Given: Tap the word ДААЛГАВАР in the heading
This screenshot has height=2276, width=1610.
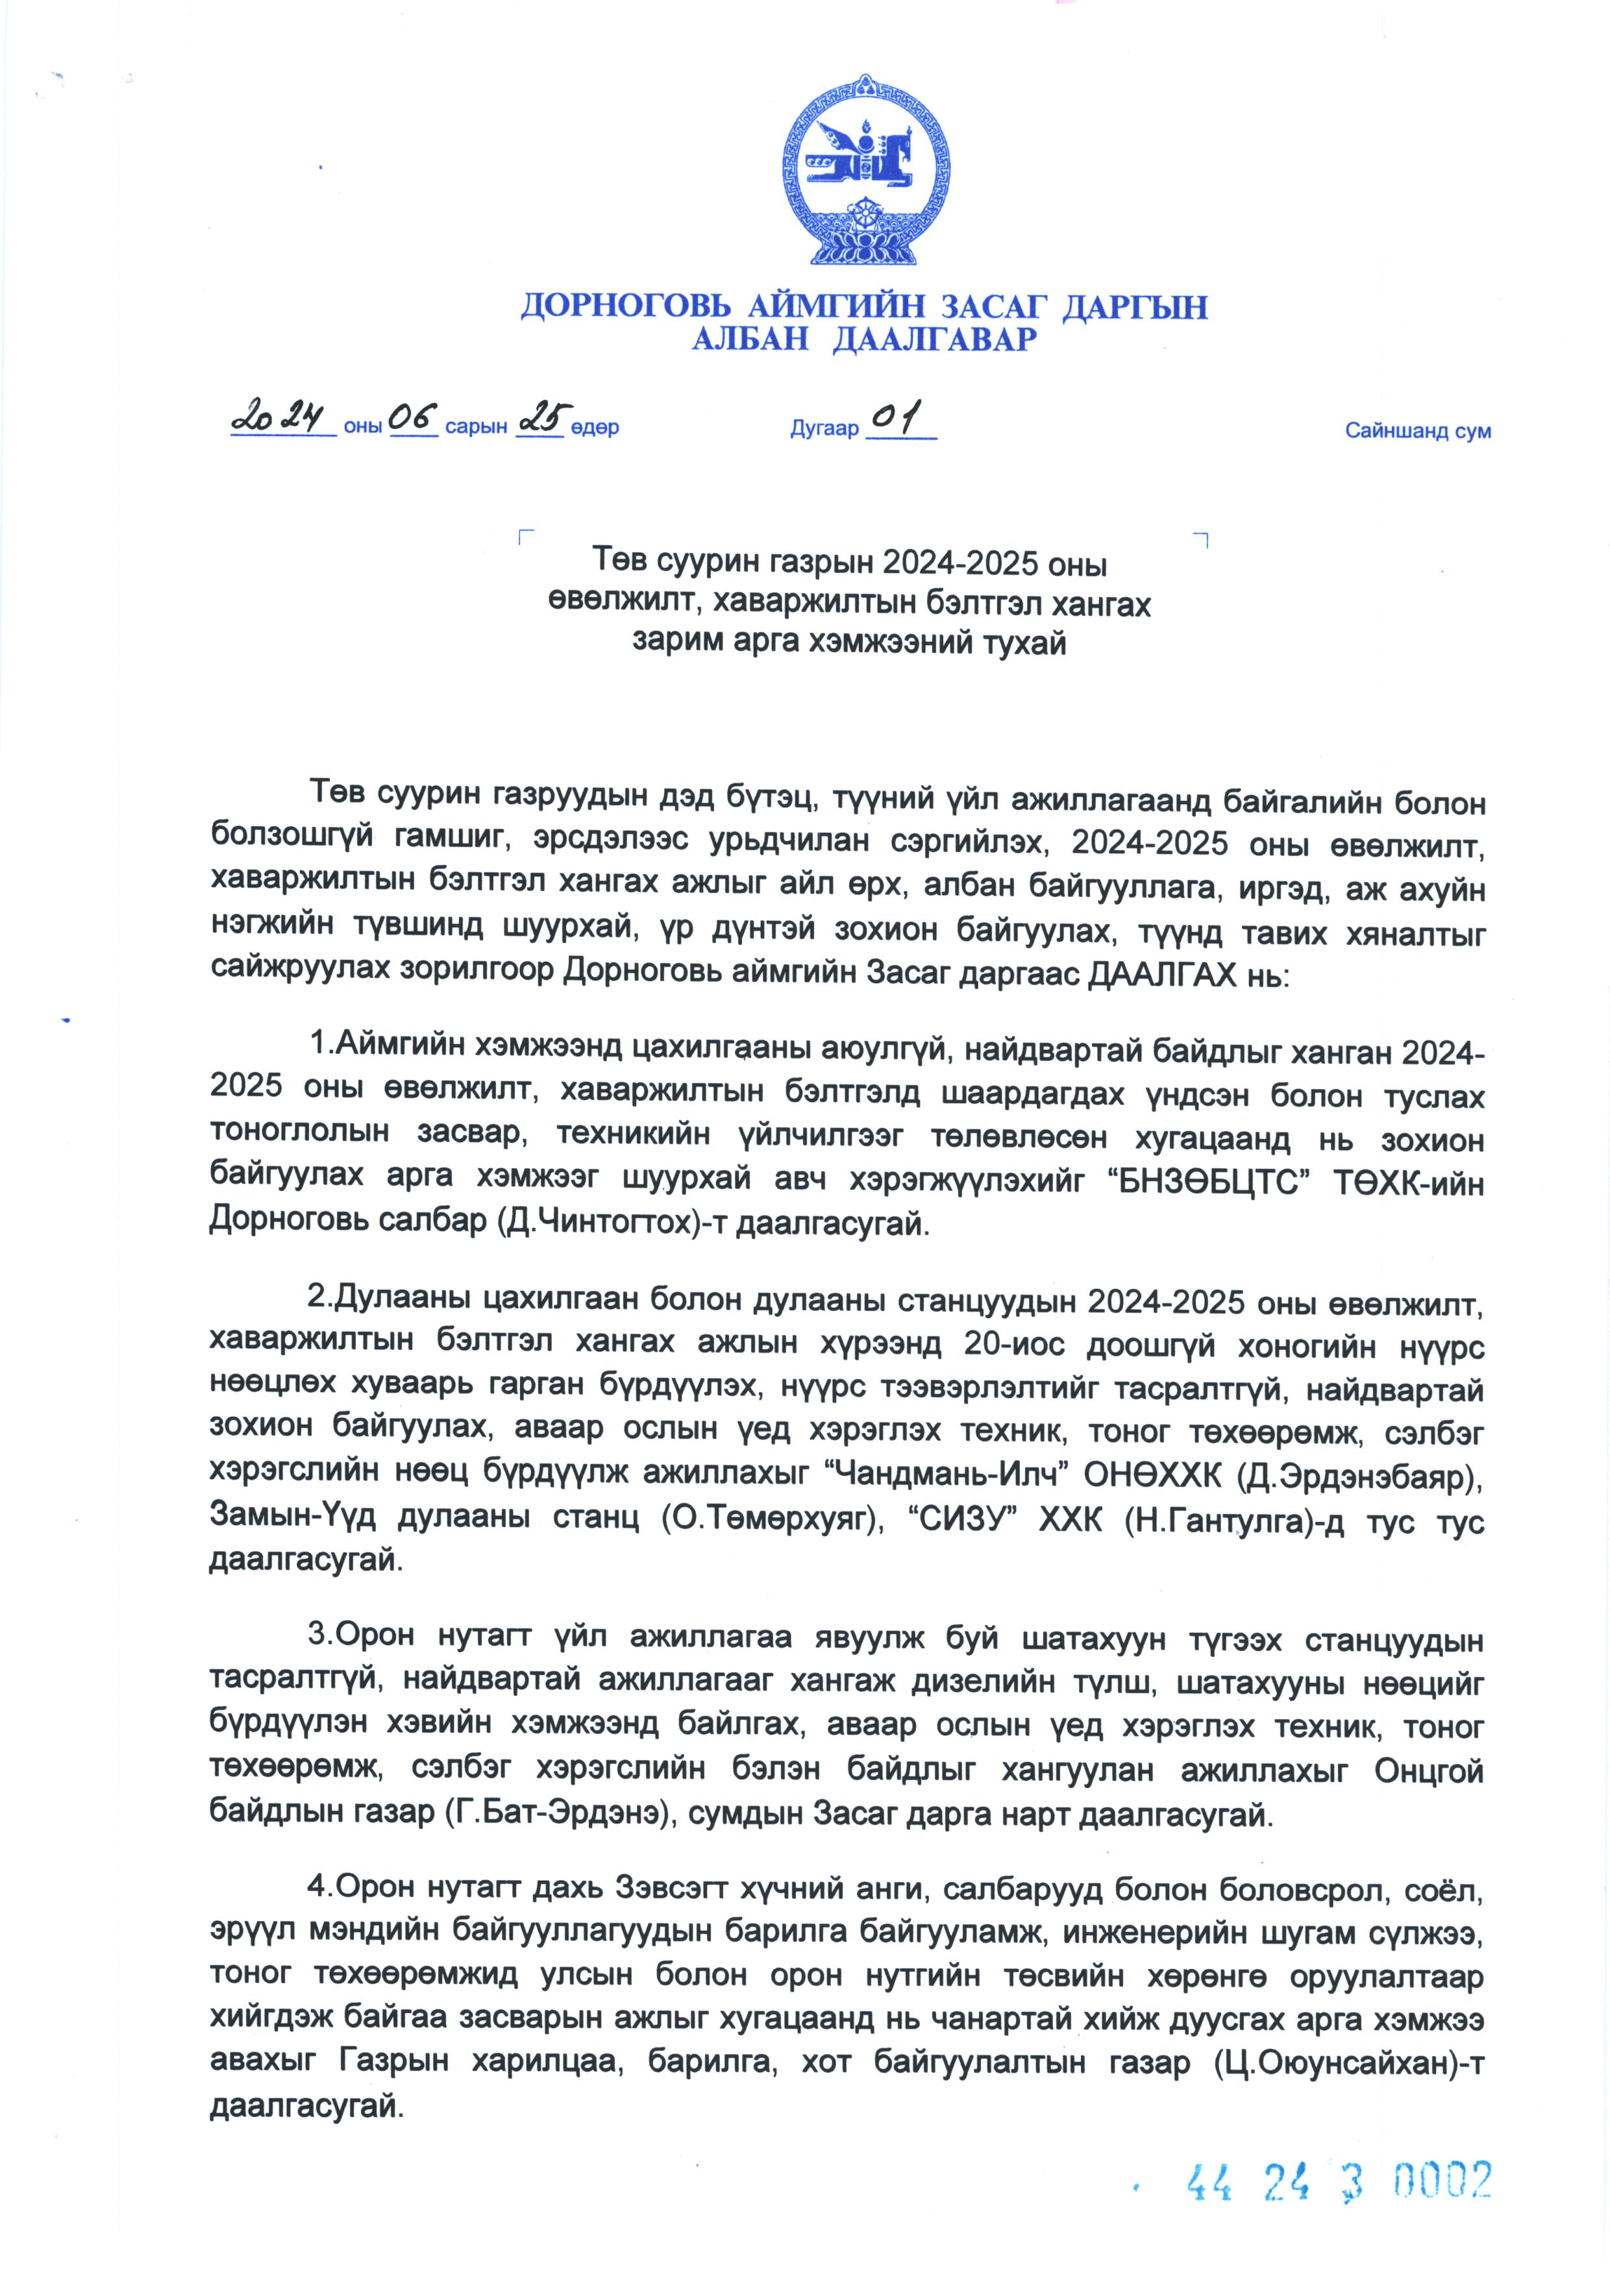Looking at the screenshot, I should pyautogui.click(x=934, y=340).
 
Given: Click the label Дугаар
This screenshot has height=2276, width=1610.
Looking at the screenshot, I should pyautogui.click(x=824, y=429).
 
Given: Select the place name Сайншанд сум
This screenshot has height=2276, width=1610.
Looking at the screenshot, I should pyautogui.click(x=1418, y=431).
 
